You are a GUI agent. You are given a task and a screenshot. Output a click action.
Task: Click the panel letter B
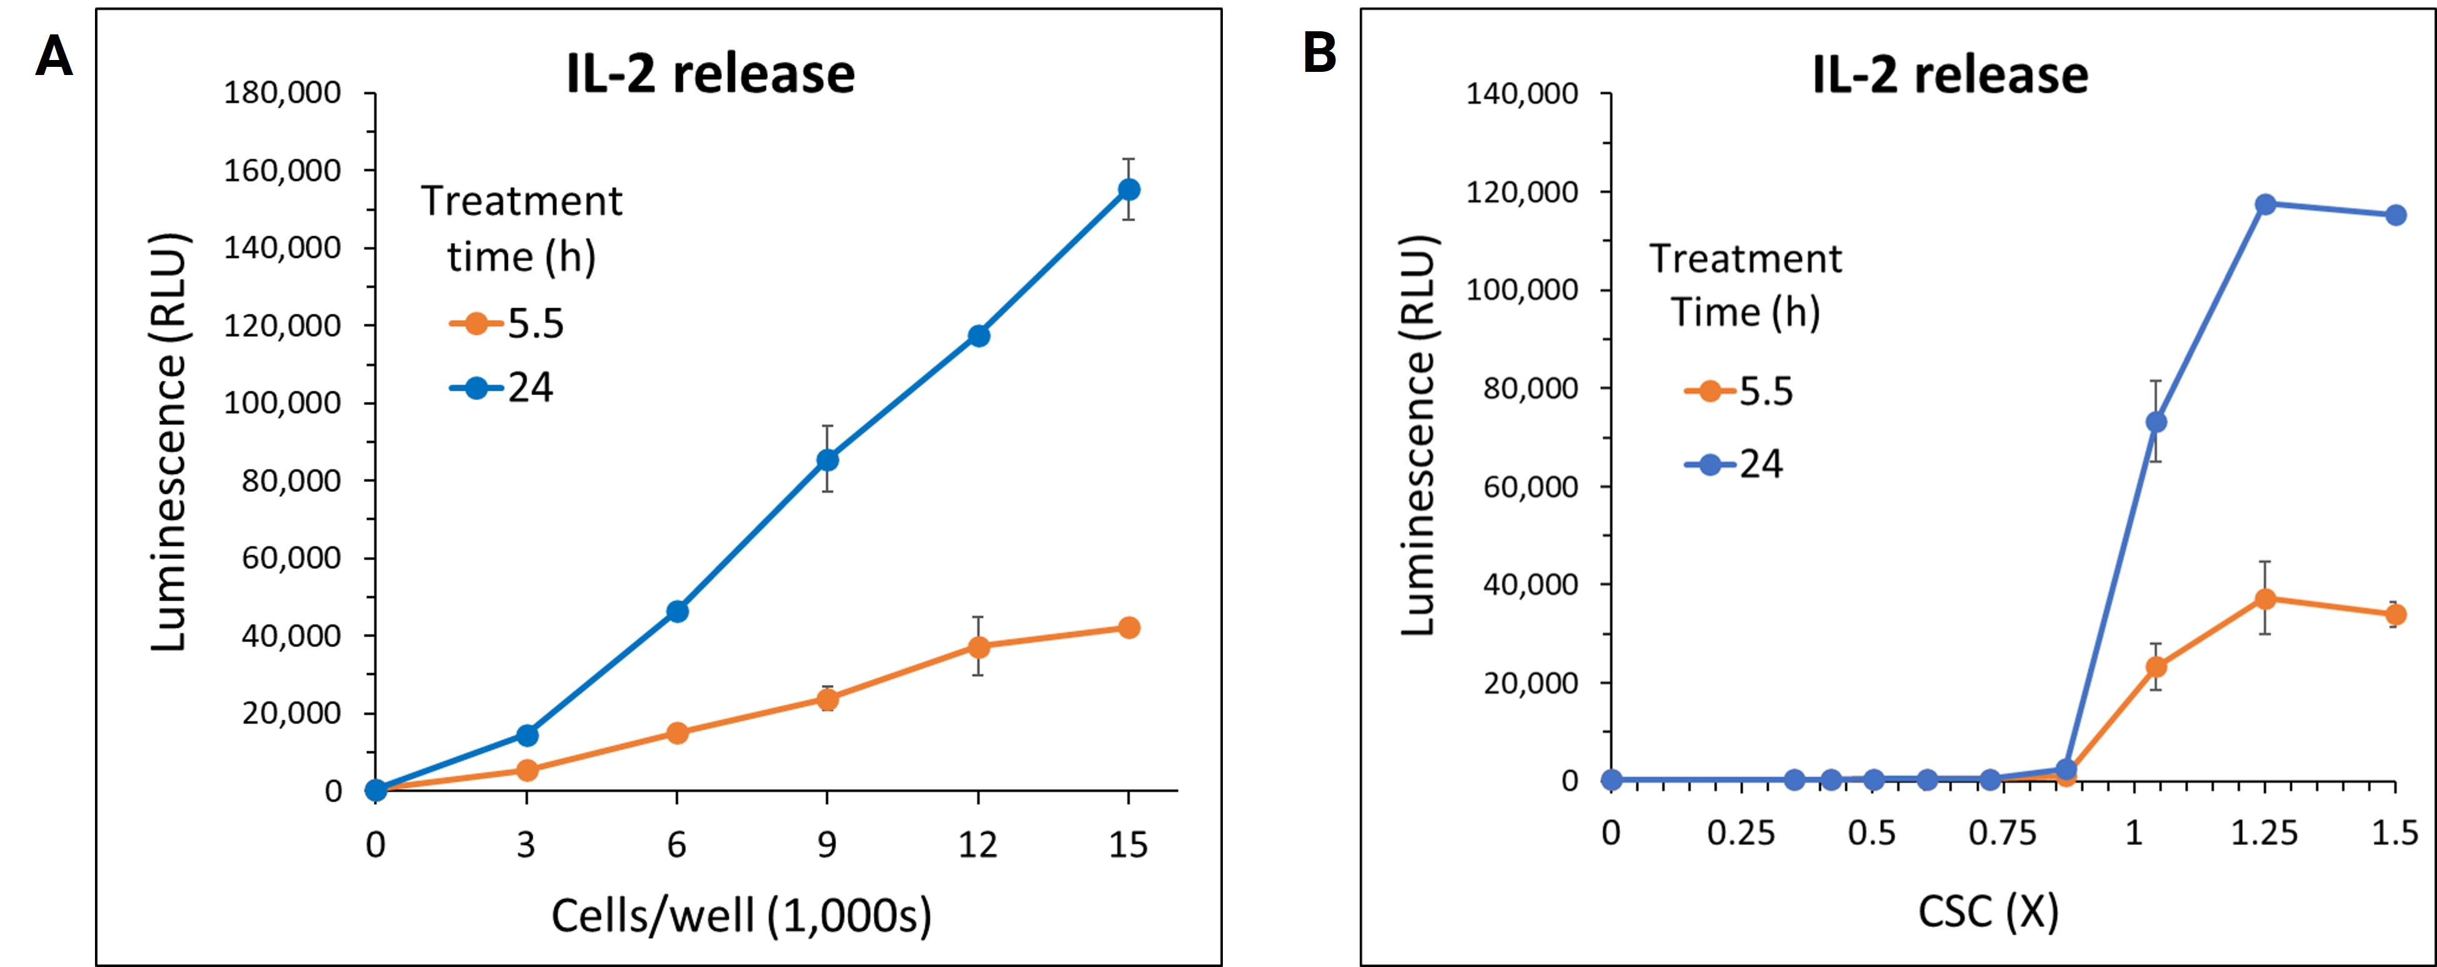point(1320,53)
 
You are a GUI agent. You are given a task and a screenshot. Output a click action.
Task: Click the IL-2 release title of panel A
point(710,74)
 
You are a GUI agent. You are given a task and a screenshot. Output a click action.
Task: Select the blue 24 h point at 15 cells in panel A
point(1129,189)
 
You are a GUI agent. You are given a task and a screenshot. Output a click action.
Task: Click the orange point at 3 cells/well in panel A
point(526,770)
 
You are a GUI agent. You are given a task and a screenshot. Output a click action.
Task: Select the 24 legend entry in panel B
point(1735,464)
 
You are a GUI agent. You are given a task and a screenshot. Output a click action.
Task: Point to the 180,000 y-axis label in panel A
point(282,93)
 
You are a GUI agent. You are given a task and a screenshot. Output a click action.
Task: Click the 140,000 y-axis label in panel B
point(1521,94)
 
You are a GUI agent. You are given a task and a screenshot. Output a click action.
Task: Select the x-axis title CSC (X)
point(1988,912)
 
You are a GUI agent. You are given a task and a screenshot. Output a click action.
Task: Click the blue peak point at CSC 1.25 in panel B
point(2265,204)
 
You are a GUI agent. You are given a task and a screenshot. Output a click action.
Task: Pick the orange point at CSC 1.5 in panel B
point(2395,615)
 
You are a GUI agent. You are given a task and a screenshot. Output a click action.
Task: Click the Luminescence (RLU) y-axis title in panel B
point(1418,435)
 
